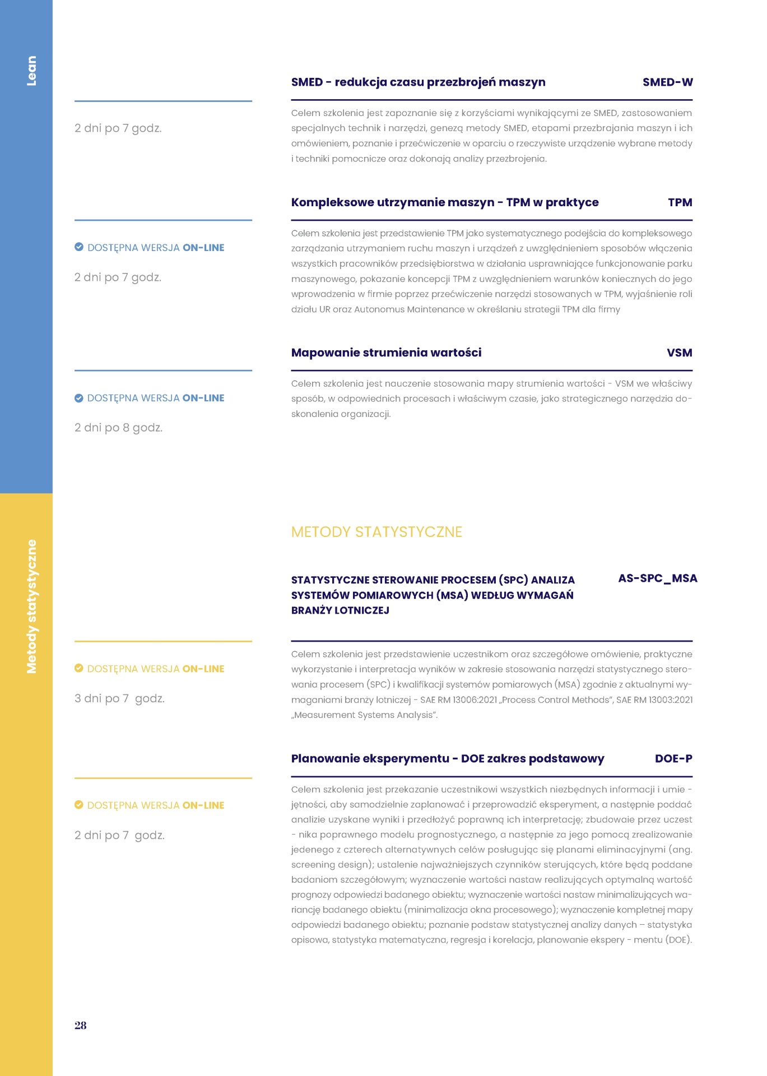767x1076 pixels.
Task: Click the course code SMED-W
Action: [x=667, y=82]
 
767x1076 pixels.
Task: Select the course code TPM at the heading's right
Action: [x=680, y=203]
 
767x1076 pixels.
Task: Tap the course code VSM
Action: [x=679, y=353]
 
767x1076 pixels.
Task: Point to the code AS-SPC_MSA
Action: [x=657, y=578]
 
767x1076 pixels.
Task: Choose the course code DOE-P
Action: [x=673, y=759]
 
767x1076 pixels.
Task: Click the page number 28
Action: [x=81, y=1025]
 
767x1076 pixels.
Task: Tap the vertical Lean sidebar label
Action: [x=31, y=71]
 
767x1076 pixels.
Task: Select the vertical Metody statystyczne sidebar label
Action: [x=31, y=606]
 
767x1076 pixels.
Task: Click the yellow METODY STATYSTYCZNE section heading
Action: [x=376, y=532]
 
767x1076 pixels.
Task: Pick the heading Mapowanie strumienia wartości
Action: [x=386, y=353]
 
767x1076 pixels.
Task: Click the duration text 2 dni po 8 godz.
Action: [x=118, y=428]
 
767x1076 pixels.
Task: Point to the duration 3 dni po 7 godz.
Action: [x=119, y=698]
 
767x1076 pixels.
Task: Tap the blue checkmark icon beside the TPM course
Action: [x=79, y=247]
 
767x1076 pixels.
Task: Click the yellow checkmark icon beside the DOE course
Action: [x=79, y=805]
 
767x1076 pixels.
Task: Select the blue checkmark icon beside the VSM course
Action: [x=79, y=398]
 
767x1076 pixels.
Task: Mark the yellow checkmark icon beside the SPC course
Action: [x=79, y=668]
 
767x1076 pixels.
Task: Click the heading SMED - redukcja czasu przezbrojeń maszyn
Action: [x=418, y=82]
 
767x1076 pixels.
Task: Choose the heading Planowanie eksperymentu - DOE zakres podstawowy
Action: [x=447, y=759]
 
